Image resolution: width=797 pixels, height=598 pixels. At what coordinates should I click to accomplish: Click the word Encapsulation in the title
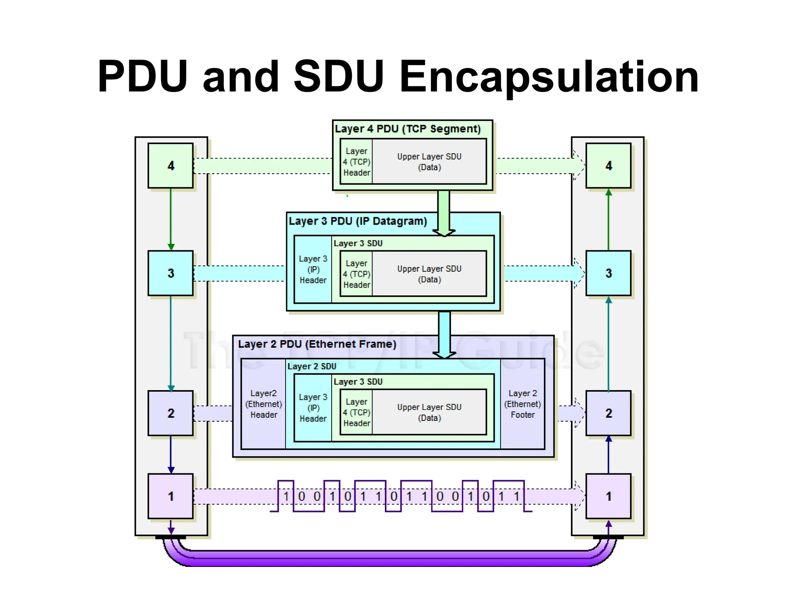(549, 77)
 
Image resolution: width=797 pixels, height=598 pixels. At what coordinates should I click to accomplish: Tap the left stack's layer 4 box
(170, 166)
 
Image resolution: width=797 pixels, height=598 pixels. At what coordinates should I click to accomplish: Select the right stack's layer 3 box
(608, 273)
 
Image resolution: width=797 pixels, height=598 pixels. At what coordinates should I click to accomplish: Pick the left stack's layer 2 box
(170, 413)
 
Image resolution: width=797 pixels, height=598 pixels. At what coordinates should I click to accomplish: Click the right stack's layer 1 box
(608, 496)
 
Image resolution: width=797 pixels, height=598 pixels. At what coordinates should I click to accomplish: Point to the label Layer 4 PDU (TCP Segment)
(407, 129)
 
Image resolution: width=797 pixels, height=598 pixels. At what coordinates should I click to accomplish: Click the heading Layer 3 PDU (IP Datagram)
(358, 221)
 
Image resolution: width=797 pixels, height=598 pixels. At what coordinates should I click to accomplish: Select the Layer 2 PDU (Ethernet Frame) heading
(317, 344)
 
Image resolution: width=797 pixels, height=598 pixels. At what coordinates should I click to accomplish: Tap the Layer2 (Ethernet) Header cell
(263, 404)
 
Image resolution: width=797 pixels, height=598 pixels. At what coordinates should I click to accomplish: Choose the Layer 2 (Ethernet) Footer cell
(522, 404)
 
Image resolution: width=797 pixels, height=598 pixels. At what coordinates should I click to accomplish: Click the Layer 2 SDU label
(312, 366)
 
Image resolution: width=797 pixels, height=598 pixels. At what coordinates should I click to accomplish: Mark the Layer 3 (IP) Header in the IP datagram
(313, 269)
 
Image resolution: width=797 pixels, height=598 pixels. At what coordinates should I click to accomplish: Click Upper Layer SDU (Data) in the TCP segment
(429, 162)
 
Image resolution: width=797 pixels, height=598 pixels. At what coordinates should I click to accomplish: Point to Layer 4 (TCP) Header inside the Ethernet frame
(356, 412)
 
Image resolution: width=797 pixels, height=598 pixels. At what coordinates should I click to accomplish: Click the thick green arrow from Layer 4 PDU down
(444, 212)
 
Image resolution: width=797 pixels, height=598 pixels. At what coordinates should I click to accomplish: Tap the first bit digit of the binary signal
(286, 496)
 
